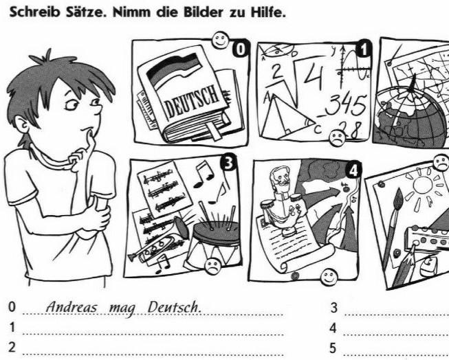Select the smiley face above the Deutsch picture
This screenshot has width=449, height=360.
tap(221, 40)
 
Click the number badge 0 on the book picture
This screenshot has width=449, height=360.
tap(241, 49)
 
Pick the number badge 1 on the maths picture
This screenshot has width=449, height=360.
tap(363, 49)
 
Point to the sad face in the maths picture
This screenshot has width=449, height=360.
tap(338, 138)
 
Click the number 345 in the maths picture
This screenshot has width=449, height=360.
tap(345, 106)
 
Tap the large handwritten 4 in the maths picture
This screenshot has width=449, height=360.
tap(314, 75)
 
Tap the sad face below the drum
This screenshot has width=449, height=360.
tap(212, 267)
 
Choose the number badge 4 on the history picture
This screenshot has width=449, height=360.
tap(353, 170)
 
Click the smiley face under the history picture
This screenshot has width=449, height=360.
tap(329, 277)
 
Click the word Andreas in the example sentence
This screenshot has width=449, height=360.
tap(72, 308)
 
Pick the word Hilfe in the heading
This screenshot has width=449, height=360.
tap(268, 12)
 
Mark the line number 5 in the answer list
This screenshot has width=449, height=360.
tap(333, 348)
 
